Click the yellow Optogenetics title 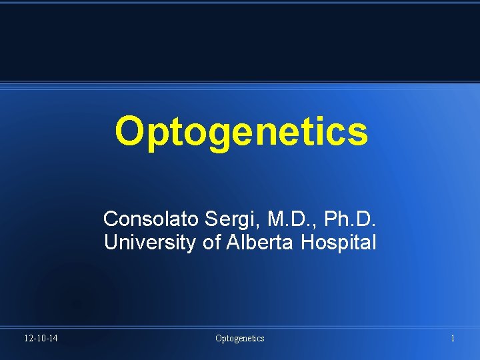[241, 131]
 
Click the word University [149, 243]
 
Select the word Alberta [261, 243]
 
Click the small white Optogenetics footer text [239, 339]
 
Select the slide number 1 [453, 339]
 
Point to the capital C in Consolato [110, 219]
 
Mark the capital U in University [111, 243]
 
